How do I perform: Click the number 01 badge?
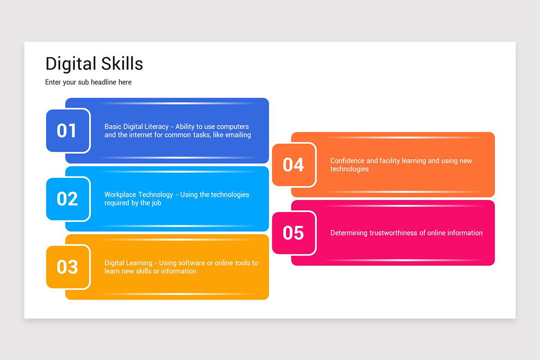68,130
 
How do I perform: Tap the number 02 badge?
68,199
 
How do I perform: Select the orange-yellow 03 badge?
68,267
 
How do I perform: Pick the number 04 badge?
294,165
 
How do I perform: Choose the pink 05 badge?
294,233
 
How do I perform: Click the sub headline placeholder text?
88,82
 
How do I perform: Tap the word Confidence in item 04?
347,161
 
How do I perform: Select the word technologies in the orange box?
349,169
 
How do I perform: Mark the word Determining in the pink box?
349,233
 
